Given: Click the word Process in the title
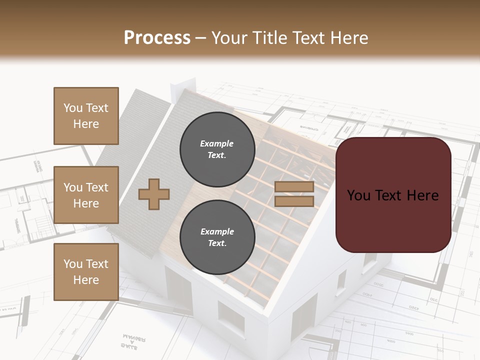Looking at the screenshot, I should [157, 38].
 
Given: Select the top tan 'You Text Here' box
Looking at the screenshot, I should [86, 116].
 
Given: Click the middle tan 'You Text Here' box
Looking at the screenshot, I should [86, 195].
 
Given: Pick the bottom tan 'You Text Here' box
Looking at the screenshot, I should [86, 272].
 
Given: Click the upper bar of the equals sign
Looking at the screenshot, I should [294, 187].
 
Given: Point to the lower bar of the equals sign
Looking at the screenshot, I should [294, 201].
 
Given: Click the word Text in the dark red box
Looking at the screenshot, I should [393, 195].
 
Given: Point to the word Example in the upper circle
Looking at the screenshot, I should [217, 143].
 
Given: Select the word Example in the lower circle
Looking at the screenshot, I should [217, 231].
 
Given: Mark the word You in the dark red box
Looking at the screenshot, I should [359, 195].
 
